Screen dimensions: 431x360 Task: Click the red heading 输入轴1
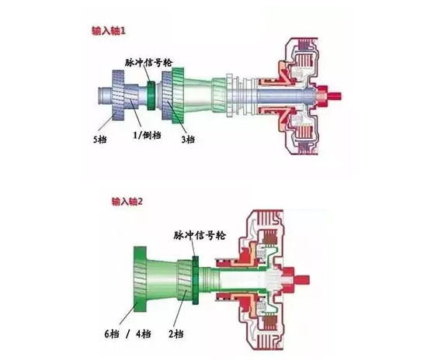click(x=109, y=31)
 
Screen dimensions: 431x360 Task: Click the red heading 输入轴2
click(x=127, y=202)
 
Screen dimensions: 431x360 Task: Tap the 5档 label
click(x=99, y=140)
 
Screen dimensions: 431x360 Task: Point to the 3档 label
click(x=188, y=140)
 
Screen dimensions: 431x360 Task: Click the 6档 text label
click(x=112, y=334)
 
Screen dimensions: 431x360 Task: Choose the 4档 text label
click(x=144, y=334)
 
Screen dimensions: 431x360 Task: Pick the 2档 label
click(x=176, y=334)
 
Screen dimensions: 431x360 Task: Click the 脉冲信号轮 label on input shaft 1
click(x=148, y=63)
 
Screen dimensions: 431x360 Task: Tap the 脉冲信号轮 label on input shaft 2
click(x=200, y=235)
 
